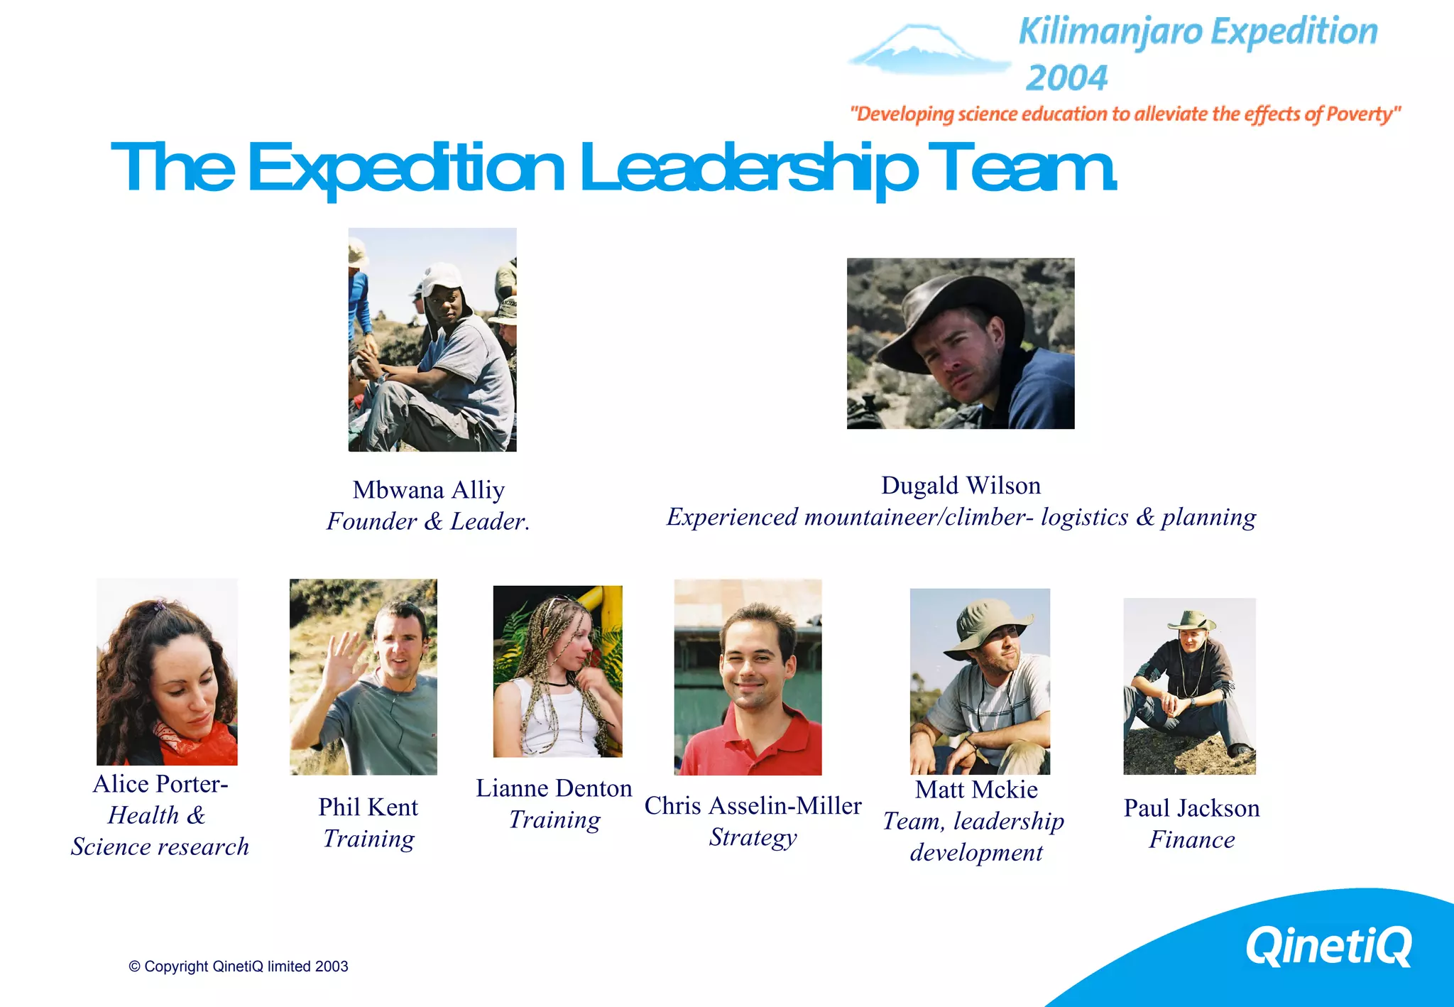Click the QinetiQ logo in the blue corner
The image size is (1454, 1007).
pos(1328,946)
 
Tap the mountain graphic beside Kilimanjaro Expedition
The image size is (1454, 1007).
pos(927,50)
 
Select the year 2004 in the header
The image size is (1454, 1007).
pos(1066,78)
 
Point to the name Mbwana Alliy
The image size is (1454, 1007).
pos(428,490)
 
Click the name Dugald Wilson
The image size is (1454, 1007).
pos(961,486)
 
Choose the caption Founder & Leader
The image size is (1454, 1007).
pos(428,522)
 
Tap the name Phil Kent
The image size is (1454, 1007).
pos(368,807)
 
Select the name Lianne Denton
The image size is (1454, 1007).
pos(554,788)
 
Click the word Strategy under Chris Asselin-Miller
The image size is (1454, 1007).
pos(753,837)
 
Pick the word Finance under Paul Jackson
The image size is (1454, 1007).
pos(1191,840)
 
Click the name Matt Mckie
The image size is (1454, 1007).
pos(976,790)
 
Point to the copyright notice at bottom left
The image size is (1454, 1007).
pos(239,967)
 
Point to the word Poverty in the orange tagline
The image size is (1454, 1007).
pos(1360,114)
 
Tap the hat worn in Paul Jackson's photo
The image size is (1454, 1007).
pos(1191,621)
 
